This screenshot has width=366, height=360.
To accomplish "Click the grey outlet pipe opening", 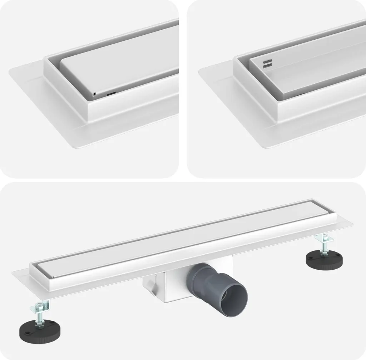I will pos(234,298).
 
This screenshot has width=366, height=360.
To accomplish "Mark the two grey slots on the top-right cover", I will pos(267,63).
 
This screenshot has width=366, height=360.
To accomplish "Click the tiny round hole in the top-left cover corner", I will pos(94,94).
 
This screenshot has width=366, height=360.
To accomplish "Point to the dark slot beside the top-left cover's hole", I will pos(111,94).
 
